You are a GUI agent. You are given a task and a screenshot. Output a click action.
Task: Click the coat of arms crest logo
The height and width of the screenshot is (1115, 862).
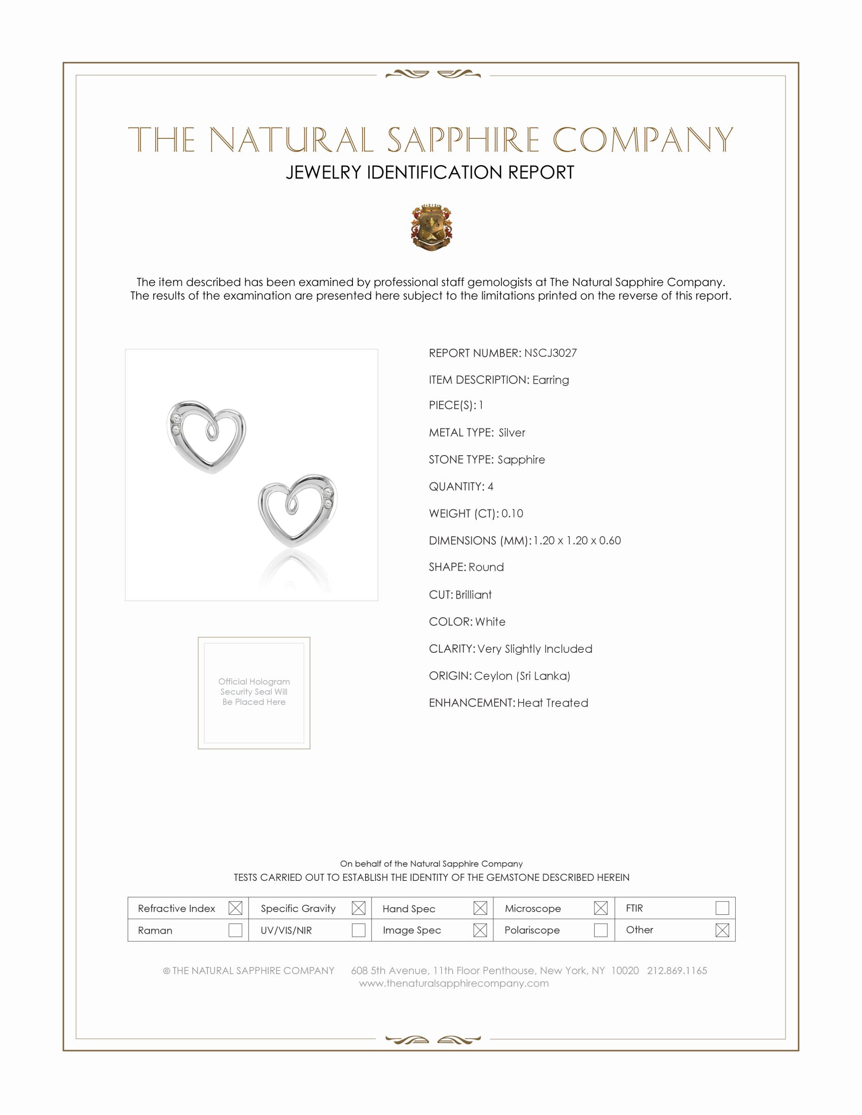tap(432, 228)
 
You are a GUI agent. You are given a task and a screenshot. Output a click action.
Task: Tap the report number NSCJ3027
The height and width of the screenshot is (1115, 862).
tap(550, 353)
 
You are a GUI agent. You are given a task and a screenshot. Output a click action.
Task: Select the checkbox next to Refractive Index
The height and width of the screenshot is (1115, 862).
tap(235, 908)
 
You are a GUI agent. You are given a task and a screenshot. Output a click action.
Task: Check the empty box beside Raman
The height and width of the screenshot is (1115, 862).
tap(235, 930)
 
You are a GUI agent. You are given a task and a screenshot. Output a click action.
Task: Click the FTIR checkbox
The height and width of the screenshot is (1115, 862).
tap(722, 908)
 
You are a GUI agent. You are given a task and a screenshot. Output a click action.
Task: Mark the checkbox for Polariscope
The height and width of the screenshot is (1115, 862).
tap(600, 930)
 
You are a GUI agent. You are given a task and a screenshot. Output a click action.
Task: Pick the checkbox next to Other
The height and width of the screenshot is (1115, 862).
tap(722, 930)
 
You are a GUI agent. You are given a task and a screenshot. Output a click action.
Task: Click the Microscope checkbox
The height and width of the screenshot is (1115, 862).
tap(600, 908)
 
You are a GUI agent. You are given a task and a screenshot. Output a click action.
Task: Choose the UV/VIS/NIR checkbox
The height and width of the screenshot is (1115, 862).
tap(358, 930)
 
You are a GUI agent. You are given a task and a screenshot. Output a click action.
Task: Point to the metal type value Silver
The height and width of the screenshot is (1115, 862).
tap(512, 433)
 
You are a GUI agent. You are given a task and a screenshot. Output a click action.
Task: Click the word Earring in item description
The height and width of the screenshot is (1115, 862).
tap(551, 380)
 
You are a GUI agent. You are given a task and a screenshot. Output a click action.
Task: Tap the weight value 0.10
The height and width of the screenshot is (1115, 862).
tap(512, 513)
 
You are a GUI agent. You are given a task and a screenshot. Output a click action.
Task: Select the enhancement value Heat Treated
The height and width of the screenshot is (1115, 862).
tap(553, 703)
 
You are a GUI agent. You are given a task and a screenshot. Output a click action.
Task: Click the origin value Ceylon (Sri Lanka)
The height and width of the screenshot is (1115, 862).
tap(522, 676)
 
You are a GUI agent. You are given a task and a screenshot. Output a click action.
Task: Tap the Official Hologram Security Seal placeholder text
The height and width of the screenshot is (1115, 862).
tap(254, 692)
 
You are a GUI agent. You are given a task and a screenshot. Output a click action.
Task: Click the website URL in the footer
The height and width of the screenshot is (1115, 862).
tap(453, 983)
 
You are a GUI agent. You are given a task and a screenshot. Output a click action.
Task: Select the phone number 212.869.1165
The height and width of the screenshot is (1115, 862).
tap(676, 971)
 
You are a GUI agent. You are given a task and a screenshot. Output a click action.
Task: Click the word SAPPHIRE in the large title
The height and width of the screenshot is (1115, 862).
tap(463, 140)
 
